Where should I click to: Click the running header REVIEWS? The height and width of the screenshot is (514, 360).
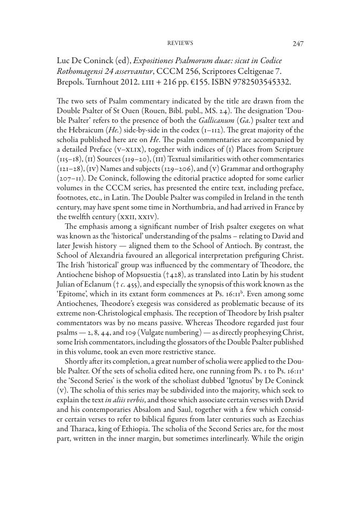180,43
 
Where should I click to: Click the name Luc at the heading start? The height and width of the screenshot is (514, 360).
65,60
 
